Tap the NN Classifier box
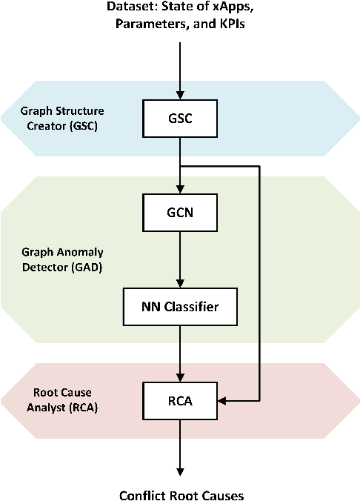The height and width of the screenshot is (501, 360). click(180, 305)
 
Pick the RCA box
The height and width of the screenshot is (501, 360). click(180, 401)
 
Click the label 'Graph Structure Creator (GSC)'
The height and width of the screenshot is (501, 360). click(63, 117)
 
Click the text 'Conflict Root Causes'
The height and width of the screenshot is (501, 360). click(181, 494)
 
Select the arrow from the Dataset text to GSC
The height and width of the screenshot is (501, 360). click(180, 70)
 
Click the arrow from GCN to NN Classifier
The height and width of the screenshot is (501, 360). click(180, 259)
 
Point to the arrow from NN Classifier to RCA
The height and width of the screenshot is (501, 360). click(180, 352)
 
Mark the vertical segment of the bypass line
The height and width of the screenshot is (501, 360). click(260, 282)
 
